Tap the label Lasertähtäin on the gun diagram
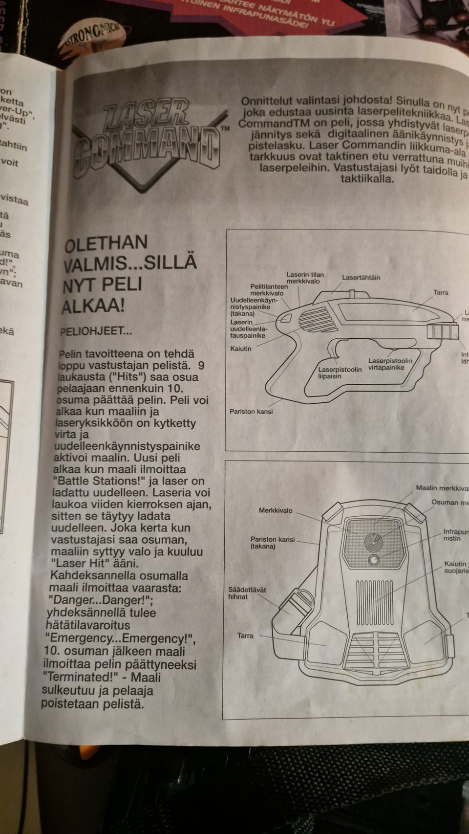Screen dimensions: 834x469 [x=361, y=278]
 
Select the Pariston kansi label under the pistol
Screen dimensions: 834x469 [x=251, y=412]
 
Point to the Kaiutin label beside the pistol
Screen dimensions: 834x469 [x=240, y=349]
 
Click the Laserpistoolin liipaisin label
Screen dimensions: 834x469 [x=340, y=373]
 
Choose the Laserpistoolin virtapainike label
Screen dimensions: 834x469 [x=390, y=364]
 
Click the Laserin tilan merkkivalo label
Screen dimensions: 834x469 [x=305, y=278]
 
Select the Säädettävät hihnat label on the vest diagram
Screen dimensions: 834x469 [x=247, y=593]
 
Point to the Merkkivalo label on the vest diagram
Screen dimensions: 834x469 [x=276, y=510]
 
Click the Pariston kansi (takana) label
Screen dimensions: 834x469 [x=272, y=543]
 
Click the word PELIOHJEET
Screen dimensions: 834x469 [x=96, y=331]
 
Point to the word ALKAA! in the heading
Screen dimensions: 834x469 [x=93, y=306]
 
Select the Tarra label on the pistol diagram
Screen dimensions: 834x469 [x=440, y=292]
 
